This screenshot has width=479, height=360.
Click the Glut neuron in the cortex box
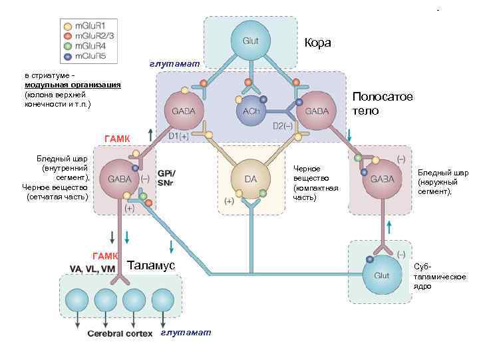250,41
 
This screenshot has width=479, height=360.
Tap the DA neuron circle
250,179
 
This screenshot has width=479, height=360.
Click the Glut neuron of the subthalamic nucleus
382,274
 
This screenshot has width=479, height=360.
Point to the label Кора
317,43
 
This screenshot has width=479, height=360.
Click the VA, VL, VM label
92,269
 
